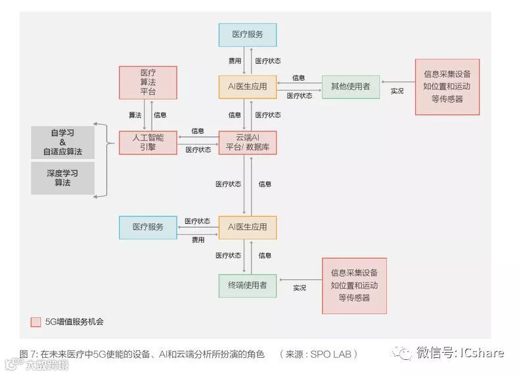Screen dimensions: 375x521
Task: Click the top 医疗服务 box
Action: [247, 35]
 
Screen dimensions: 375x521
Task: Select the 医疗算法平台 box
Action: [148, 83]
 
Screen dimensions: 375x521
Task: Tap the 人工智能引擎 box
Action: [148, 143]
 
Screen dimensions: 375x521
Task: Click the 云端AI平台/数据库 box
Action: [247, 143]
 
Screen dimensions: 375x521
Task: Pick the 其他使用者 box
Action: [350, 87]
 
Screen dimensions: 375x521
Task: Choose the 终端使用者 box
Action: [247, 286]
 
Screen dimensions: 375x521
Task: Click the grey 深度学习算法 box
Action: [62, 178]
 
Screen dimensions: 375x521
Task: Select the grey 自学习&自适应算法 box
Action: [62, 143]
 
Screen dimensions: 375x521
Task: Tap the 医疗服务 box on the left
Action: [148, 227]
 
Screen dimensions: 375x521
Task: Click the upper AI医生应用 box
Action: [247, 87]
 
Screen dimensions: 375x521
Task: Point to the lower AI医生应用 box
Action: [247, 227]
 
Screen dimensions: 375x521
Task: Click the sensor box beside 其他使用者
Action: [447, 87]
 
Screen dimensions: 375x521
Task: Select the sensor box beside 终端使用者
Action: [354, 286]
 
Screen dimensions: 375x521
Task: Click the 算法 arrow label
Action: [135, 115]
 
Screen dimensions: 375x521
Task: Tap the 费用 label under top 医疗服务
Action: [235, 61]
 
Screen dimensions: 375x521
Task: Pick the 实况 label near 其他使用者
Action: [397, 91]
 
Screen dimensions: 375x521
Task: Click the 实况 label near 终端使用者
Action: [300, 288]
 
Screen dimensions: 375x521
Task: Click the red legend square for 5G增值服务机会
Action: [36, 322]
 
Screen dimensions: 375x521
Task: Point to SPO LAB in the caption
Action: [332, 354]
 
